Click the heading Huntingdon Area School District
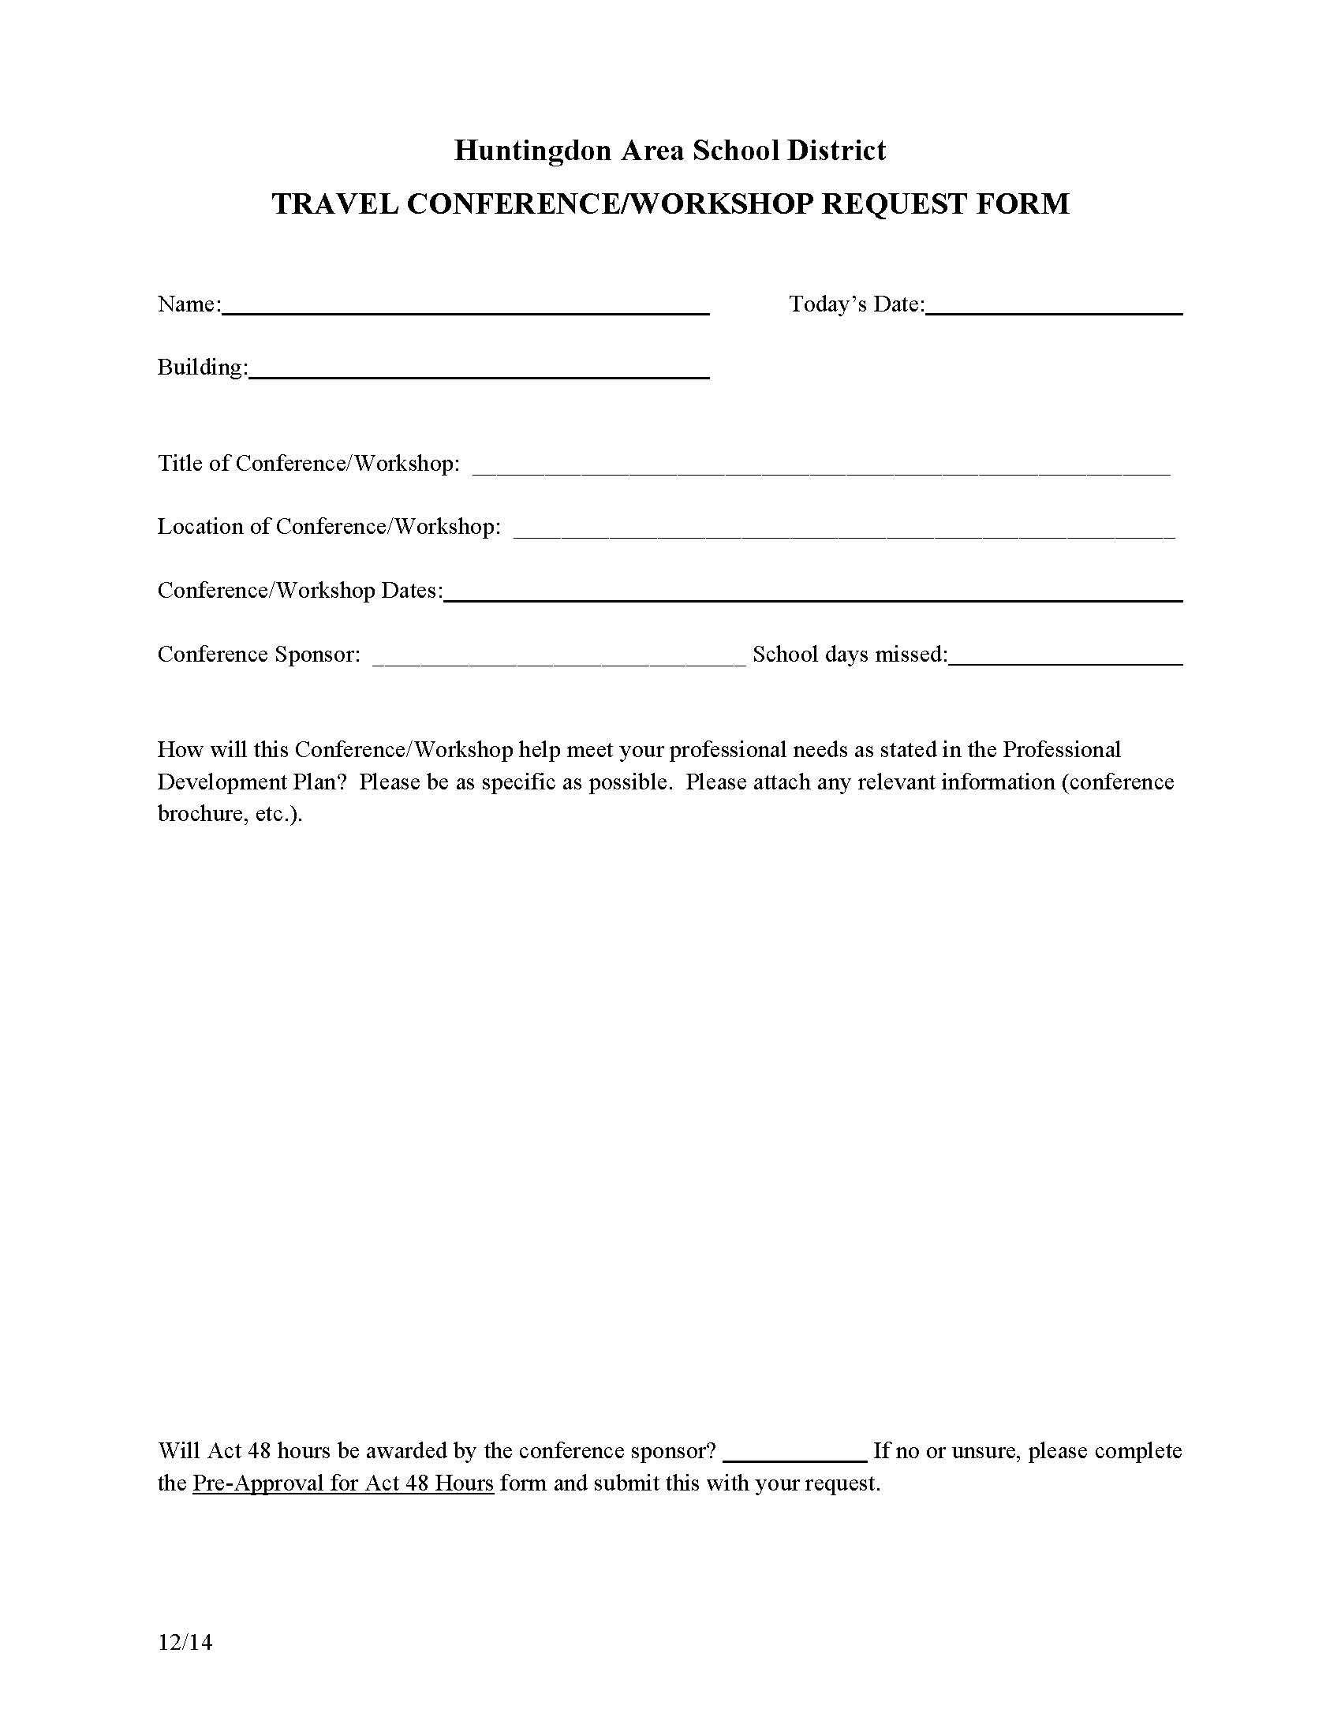670,150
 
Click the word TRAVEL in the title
334,204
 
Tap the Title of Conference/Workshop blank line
821,468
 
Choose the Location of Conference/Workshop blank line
844,532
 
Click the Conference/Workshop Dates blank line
812,595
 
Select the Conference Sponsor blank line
559,659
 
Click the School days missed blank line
1066,659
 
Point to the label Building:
203,368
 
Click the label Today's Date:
857,304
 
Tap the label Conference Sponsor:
259,655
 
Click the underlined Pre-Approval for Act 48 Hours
343,1483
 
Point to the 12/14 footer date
185,1642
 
